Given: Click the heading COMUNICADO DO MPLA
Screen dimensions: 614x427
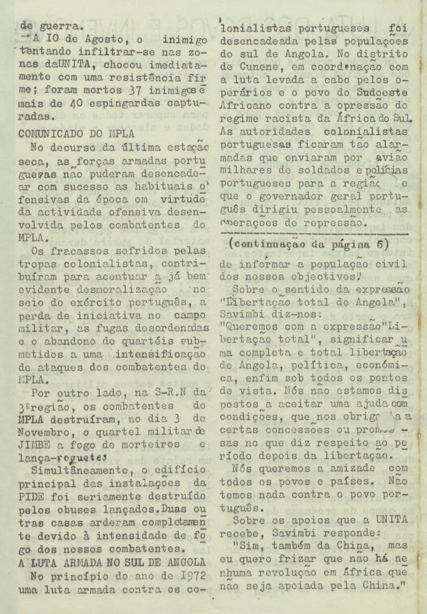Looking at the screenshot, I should (76, 135).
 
